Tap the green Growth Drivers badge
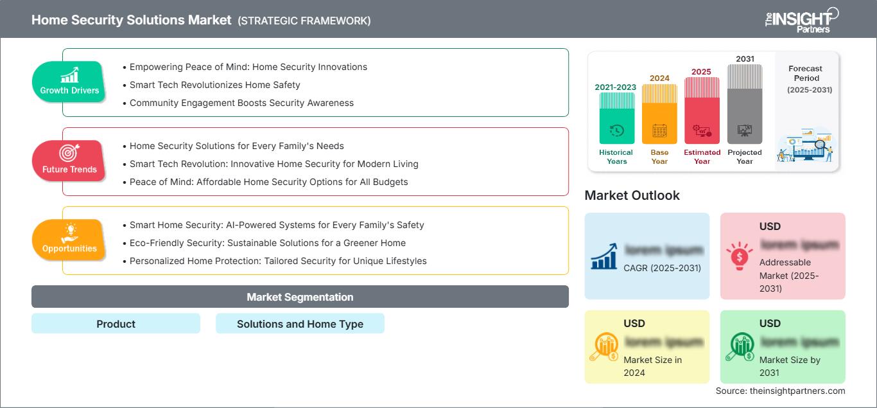(x=69, y=82)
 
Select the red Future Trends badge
(x=69, y=161)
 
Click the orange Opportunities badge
(x=69, y=240)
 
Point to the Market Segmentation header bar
(x=300, y=297)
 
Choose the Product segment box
(x=116, y=324)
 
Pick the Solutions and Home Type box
(x=300, y=324)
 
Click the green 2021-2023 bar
(x=616, y=120)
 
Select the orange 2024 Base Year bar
(x=659, y=116)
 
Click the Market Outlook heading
(x=632, y=195)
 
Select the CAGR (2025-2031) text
(x=663, y=268)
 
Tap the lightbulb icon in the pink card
(x=738, y=255)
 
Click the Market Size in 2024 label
(x=652, y=366)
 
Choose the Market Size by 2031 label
(x=790, y=366)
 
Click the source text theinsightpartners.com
(x=780, y=391)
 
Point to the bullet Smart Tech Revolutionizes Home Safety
(x=214, y=85)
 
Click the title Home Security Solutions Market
(x=132, y=20)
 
